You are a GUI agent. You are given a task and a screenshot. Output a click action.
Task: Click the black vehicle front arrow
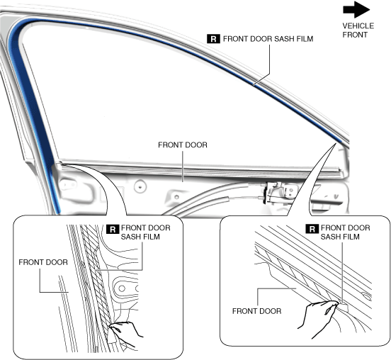click(356, 10)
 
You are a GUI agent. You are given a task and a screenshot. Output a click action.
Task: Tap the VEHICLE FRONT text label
click(358, 30)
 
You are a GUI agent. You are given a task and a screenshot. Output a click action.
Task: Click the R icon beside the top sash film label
click(213, 39)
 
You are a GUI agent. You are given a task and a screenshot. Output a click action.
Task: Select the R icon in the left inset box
click(113, 229)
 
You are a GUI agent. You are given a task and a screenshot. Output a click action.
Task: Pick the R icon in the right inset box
click(312, 229)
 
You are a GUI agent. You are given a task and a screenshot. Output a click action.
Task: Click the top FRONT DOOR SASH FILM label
click(268, 39)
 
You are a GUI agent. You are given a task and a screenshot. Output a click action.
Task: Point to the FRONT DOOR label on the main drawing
click(183, 145)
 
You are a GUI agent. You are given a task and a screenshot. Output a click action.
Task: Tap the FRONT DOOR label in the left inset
click(43, 262)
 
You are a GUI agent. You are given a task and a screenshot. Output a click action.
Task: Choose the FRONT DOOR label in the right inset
click(256, 311)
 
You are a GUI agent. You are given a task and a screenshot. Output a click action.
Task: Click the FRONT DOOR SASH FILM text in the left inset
click(146, 232)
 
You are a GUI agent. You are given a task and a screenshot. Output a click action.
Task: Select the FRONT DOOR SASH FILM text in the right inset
click(345, 232)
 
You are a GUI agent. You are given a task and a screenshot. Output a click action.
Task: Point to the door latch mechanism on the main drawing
click(279, 193)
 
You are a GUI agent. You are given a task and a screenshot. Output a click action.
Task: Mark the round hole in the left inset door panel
click(122, 288)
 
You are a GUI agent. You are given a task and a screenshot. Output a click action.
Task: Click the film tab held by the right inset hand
click(344, 308)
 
